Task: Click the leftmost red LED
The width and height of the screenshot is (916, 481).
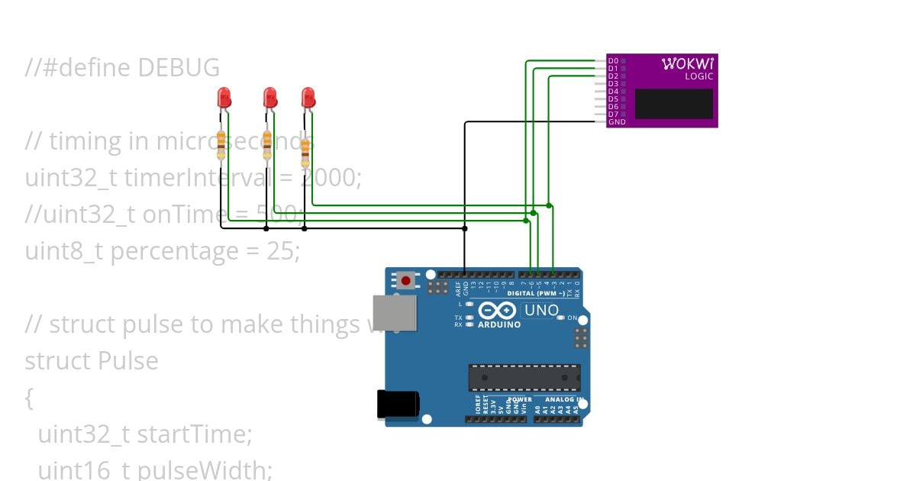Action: click(x=224, y=98)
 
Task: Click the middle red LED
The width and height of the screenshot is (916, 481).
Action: click(x=269, y=98)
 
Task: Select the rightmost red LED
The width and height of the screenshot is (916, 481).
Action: click(x=308, y=98)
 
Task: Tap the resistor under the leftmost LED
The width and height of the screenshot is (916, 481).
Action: click(x=221, y=144)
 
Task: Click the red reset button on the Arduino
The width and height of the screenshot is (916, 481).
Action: click(x=406, y=281)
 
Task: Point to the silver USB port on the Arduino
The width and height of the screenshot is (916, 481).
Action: click(x=395, y=313)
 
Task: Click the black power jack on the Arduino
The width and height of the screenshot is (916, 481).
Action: click(x=398, y=405)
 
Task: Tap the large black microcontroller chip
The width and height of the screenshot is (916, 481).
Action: click(x=524, y=377)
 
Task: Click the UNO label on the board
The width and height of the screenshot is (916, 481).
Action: click(x=541, y=311)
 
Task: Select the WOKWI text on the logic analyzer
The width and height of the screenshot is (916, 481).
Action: click(x=687, y=64)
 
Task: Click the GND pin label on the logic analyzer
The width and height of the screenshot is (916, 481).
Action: click(x=617, y=122)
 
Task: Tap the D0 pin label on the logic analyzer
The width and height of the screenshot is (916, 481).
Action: click(x=613, y=60)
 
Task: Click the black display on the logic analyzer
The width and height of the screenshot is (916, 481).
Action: click(x=673, y=104)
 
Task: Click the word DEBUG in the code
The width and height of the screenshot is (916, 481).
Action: click(x=179, y=68)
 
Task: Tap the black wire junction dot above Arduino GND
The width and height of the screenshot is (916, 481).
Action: click(x=465, y=228)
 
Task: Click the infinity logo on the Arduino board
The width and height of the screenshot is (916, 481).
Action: click(x=498, y=311)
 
